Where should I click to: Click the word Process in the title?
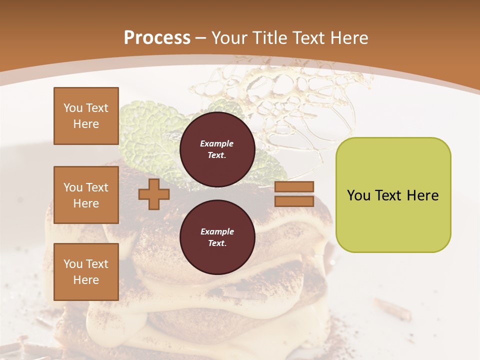tap(157, 38)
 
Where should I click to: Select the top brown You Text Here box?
tap(86, 116)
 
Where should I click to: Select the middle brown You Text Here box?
tap(86, 195)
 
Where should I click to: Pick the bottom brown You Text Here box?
tap(86, 271)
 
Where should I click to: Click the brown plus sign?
tap(153, 194)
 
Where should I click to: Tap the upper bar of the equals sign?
tap(294, 186)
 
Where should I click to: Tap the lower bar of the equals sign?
tap(294, 201)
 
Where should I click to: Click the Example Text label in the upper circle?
tap(217, 149)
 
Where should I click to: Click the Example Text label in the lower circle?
tap(217, 237)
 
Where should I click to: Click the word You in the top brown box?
tap(73, 108)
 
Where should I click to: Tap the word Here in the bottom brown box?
tap(86, 280)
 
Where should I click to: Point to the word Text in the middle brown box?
tap(96, 187)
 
